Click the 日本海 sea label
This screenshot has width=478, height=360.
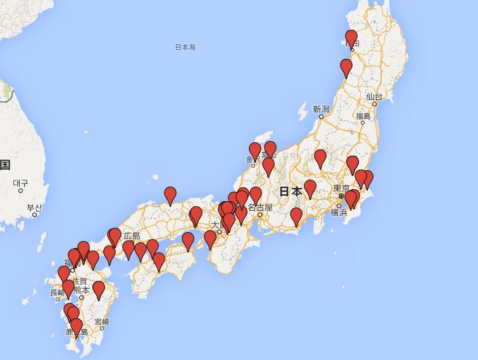pyautogui.click(x=186, y=47)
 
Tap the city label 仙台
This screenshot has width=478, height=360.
pyautogui.click(x=374, y=97)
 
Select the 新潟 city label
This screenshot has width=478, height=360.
pyautogui.click(x=321, y=109)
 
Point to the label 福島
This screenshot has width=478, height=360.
pyautogui.click(x=363, y=116)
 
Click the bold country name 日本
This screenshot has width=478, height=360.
pyautogui.click(x=291, y=191)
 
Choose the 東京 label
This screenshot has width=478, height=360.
pyautogui.click(x=342, y=188)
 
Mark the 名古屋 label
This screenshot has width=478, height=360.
pyautogui.click(x=260, y=207)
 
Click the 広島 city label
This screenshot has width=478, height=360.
pyautogui.click(x=132, y=236)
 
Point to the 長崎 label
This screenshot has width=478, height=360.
pyautogui.click(x=57, y=292)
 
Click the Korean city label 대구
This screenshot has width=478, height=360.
pyautogui.click(x=21, y=183)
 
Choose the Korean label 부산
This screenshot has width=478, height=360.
pyautogui.click(x=34, y=208)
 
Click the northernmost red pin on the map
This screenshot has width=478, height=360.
pyautogui.click(x=351, y=38)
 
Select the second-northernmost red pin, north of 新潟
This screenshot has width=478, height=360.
pyautogui.click(x=346, y=67)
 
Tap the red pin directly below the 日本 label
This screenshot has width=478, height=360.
pyautogui.click(x=296, y=216)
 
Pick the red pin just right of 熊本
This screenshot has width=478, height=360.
pyautogui.click(x=98, y=290)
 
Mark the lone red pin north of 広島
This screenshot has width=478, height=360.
pyautogui.click(x=170, y=196)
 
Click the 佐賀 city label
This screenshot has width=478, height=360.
pyautogui.click(x=80, y=280)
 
